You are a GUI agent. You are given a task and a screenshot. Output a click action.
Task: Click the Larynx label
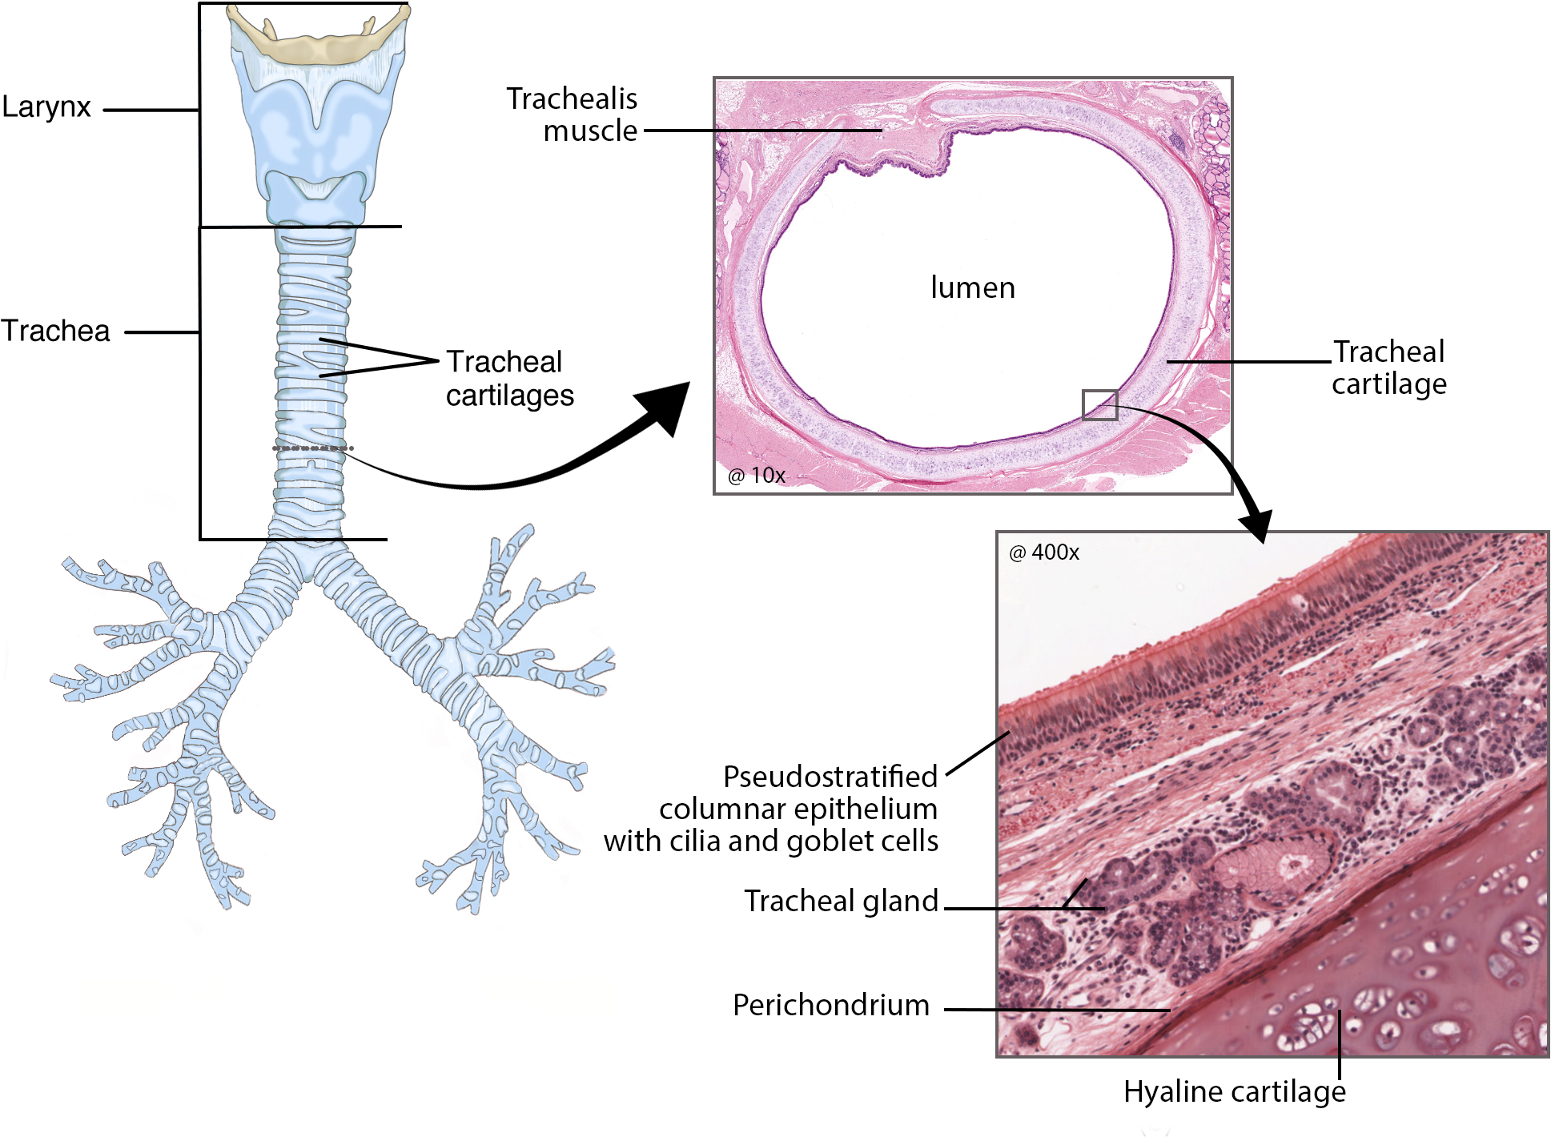pyautogui.click(x=46, y=107)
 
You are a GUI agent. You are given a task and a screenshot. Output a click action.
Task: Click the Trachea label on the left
pyautogui.click(x=55, y=331)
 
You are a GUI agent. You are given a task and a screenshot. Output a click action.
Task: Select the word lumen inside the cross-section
pyautogui.click(x=972, y=287)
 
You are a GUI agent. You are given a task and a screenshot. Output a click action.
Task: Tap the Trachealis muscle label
pyautogui.click(x=573, y=114)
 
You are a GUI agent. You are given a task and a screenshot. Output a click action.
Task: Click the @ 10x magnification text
pyautogui.click(x=756, y=476)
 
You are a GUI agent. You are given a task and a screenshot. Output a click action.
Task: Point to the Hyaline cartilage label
pyautogui.click(x=1234, y=1092)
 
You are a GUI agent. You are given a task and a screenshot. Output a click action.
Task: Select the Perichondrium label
pyautogui.click(x=830, y=1006)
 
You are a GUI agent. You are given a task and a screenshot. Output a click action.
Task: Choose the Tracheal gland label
pyautogui.click(x=841, y=902)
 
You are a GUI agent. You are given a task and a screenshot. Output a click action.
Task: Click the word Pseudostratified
pyautogui.click(x=830, y=777)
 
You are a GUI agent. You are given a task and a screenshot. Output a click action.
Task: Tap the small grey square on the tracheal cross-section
pyautogui.click(x=1099, y=405)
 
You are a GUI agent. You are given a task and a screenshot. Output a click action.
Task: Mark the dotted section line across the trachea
pyautogui.click(x=312, y=448)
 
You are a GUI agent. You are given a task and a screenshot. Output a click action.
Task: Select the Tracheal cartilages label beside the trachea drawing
pyautogui.click(x=509, y=379)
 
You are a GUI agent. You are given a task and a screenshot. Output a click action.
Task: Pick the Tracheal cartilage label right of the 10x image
pyautogui.click(x=1388, y=368)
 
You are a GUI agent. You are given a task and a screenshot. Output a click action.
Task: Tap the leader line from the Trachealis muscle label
pyautogui.click(x=761, y=131)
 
